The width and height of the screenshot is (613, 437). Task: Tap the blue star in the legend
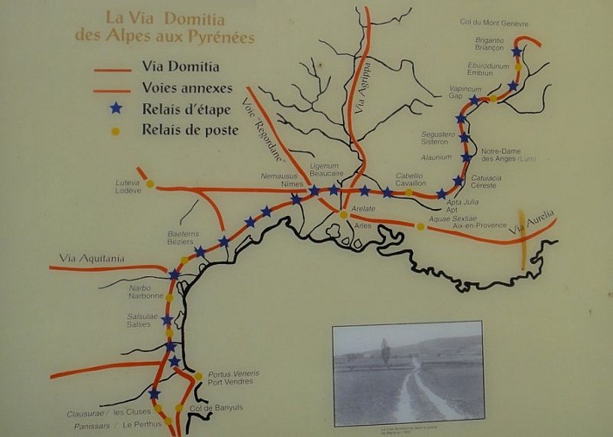point(114,109)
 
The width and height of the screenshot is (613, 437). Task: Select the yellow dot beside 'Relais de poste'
point(114,132)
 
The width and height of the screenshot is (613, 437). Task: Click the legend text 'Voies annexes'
point(187,87)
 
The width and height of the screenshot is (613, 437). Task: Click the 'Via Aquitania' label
point(92,258)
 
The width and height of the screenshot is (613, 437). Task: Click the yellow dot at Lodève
point(150,184)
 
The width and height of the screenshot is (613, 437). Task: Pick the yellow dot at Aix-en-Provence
point(420,226)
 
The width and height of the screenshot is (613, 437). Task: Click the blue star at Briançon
point(517,52)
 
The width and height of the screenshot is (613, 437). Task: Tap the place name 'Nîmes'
point(292,184)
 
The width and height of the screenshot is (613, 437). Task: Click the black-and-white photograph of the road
point(408,370)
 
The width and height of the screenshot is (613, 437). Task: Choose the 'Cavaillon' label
point(410,184)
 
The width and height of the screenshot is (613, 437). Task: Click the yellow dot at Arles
point(344,213)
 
